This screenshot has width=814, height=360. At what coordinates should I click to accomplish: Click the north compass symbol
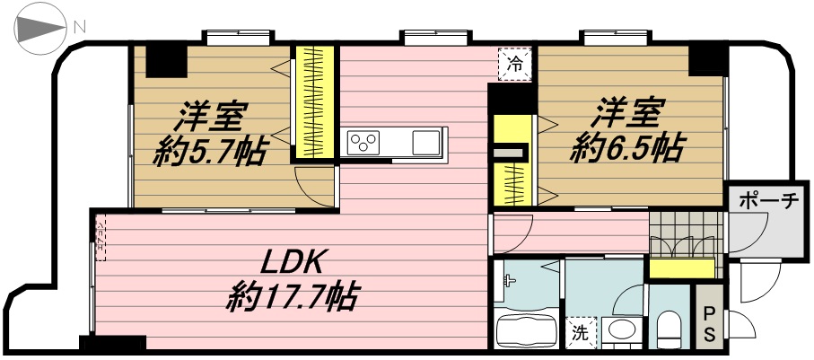pos(40,30)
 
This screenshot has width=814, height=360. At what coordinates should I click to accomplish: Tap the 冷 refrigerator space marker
pos(515,65)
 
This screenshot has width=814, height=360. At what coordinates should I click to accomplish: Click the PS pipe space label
pos(709,323)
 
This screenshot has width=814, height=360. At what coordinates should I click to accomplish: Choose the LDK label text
pos(292,263)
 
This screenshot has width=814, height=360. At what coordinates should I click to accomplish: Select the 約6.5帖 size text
pos(626,149)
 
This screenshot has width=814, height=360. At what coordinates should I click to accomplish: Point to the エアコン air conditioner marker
pos(99,237)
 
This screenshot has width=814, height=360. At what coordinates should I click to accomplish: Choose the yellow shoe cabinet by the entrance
pos(681,268)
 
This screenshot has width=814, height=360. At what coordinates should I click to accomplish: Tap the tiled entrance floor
pos(686,233)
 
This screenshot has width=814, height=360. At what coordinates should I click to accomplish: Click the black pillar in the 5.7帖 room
pos(166,62)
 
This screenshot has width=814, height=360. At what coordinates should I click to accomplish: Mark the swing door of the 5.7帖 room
pos(314,187)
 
